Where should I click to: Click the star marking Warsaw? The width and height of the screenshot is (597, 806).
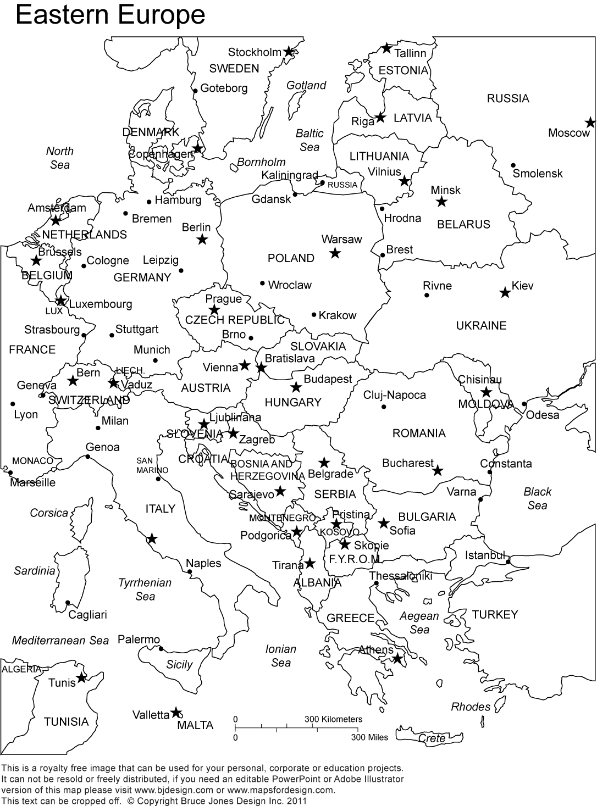pos(335,253)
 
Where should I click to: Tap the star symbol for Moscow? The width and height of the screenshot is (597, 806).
pos(590,123)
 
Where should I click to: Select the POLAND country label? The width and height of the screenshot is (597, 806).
pos(291,258)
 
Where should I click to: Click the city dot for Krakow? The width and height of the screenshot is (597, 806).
pos(314,315)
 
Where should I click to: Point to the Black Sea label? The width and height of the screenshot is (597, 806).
pos(537,498)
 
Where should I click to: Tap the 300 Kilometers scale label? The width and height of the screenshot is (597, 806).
pos(333,719)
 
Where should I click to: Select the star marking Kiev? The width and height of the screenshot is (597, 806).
pos(505,292)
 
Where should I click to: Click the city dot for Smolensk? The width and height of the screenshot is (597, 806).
pos(513,165)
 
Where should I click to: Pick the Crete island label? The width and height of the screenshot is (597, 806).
pos(432,738)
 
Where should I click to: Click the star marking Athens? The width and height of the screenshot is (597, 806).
pos(397,658)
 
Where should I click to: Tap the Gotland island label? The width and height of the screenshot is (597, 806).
pos(306,85)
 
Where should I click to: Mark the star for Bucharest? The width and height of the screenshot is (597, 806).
pos(438,471)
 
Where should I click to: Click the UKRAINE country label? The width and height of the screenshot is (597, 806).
pos(481,325)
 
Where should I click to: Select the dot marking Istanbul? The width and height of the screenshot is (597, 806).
pos(508,562)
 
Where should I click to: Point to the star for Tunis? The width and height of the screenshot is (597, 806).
pos(81,678)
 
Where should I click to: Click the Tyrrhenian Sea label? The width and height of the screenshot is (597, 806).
pos(145,589)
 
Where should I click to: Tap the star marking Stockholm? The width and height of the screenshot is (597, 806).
pos(289,52)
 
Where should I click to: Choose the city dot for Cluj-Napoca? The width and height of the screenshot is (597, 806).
pos(384,407)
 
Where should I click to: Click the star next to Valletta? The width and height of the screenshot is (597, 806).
pos(175,713)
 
